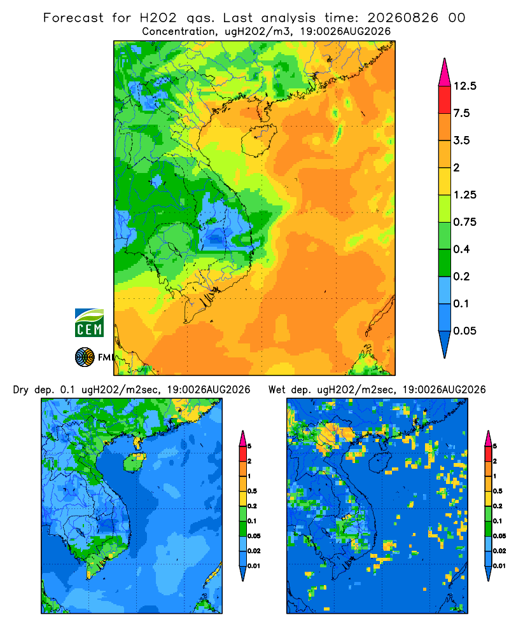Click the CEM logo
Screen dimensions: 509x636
[x=89, y=323]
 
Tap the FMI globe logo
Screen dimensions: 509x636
[x=85, y=357]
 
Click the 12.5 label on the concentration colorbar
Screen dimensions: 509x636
[x=464, y=86]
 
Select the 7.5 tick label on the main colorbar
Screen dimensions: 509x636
[x=461, y=113]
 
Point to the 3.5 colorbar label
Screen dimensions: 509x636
[x=461, y=141]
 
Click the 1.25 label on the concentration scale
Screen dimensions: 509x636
[x=464, y=195]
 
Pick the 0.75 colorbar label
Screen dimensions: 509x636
[x=464, y=222]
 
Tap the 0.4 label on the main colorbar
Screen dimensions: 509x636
[x=461, y=249]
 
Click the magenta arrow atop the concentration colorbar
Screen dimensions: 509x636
[x=445, y=73]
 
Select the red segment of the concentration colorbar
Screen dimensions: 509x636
[x=445, y=100]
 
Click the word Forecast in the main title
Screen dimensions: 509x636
[x=73, y=18]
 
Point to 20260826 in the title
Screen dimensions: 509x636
[x=403, y=18]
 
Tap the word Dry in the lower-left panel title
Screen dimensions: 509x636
[x=21, y=390]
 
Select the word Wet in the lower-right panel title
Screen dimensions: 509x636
[x=277, y=390]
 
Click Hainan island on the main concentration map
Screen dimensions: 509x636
[x=258, y=140]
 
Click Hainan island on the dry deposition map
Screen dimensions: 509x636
[x=134, y=462]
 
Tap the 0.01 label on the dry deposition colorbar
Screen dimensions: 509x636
[x=254, y=566]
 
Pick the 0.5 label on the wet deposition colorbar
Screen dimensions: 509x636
[x=498, y=491]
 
